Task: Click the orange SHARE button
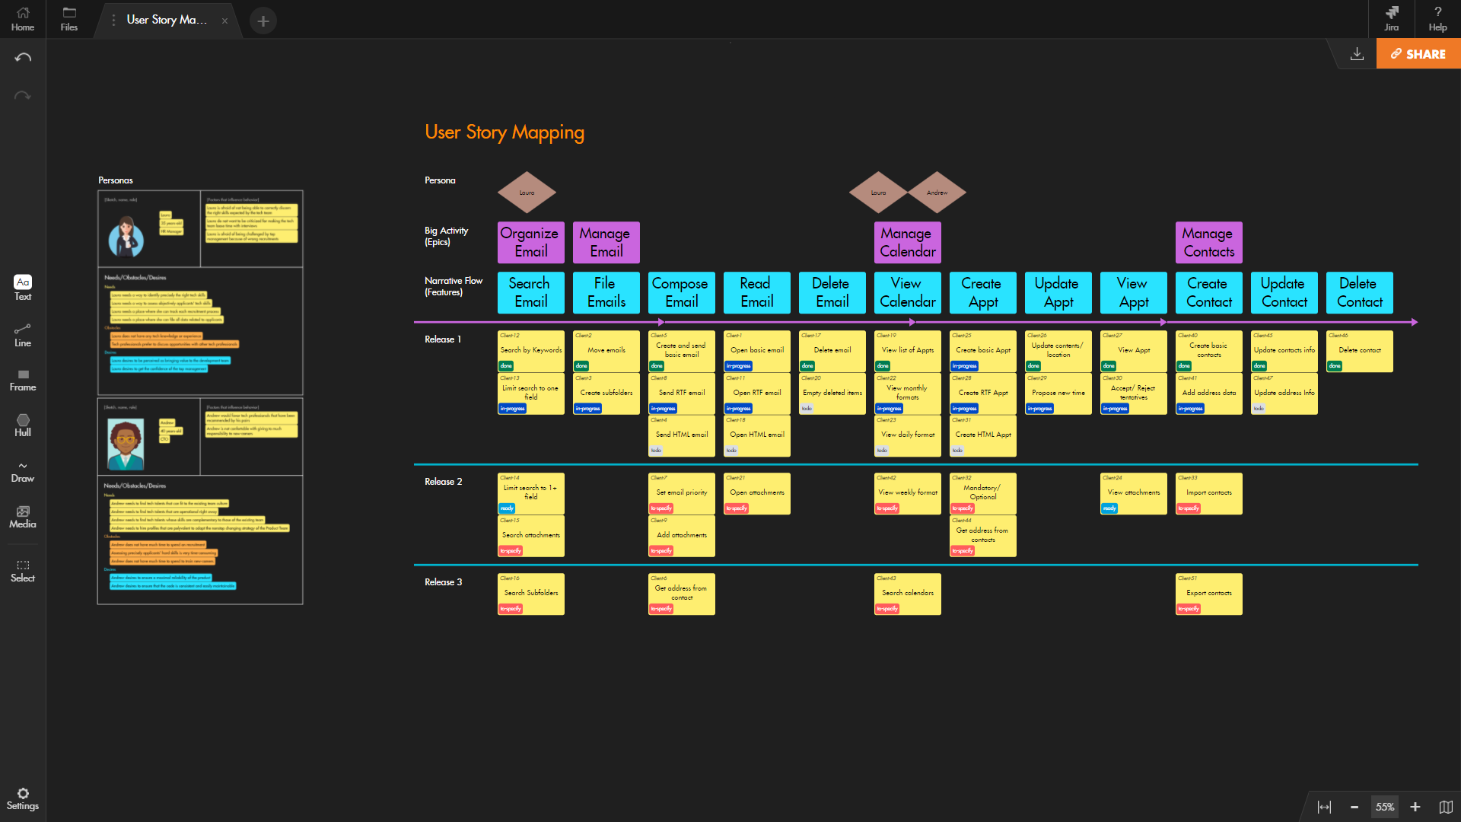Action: point(1418,54)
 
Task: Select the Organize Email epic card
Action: point(530,242)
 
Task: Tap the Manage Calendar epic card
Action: point(907,242)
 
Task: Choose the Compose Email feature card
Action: point(681,292)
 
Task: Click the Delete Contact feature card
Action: point(1359,292)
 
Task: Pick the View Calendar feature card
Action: point(907,292)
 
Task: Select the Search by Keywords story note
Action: point(530,350)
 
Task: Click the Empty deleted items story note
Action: point(832,393)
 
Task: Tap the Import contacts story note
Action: point(1208,492)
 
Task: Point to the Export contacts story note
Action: point(1208,593)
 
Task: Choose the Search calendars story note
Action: point(907,593)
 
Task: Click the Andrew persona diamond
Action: point(937,193)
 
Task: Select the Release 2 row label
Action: point(443,482)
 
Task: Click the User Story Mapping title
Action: point(505,132)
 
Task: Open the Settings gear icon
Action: point(23,794)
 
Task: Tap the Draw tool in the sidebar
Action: point(23,472)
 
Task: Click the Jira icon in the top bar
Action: point(1392,18)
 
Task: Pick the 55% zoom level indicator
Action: point(1384,807)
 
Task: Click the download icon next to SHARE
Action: point(1357,54)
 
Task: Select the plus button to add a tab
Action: point(263,21)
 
